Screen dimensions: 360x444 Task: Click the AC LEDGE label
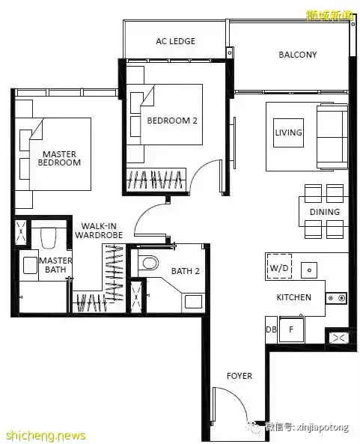(175, 41)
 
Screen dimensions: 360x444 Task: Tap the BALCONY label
(298, 55)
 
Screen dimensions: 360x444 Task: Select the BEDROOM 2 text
(172, 121)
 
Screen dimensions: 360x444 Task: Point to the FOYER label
(240, 376)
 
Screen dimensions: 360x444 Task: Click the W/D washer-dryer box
(279, 267)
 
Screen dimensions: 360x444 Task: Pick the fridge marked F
(291, 329)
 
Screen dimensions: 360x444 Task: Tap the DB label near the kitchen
(271, 329)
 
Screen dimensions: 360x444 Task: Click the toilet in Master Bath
(49, 238)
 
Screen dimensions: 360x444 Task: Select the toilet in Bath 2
(149, 263)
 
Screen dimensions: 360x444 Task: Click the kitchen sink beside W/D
(309, 270)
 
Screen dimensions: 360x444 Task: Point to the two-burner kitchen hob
(336, 298)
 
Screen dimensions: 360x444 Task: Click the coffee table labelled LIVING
(288, 133)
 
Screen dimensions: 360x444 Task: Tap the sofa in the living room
(332, 137)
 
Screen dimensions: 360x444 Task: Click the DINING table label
(325, 212)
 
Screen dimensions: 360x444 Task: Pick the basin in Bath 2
(194, 301)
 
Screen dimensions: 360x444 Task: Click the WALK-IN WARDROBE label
(99, 231)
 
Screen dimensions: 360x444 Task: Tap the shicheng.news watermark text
(46, 435)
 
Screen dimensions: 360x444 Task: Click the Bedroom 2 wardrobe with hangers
(156, 180)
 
